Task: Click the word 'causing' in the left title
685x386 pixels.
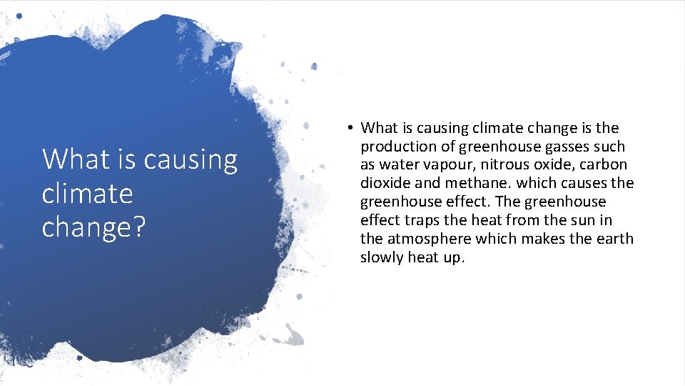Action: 191,159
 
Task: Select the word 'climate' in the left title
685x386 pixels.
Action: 87,193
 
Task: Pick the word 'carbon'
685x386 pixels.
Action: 604,164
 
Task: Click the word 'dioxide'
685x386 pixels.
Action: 384,183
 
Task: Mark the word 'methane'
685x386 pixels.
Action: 470,183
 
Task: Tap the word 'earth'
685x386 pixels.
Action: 615,239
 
